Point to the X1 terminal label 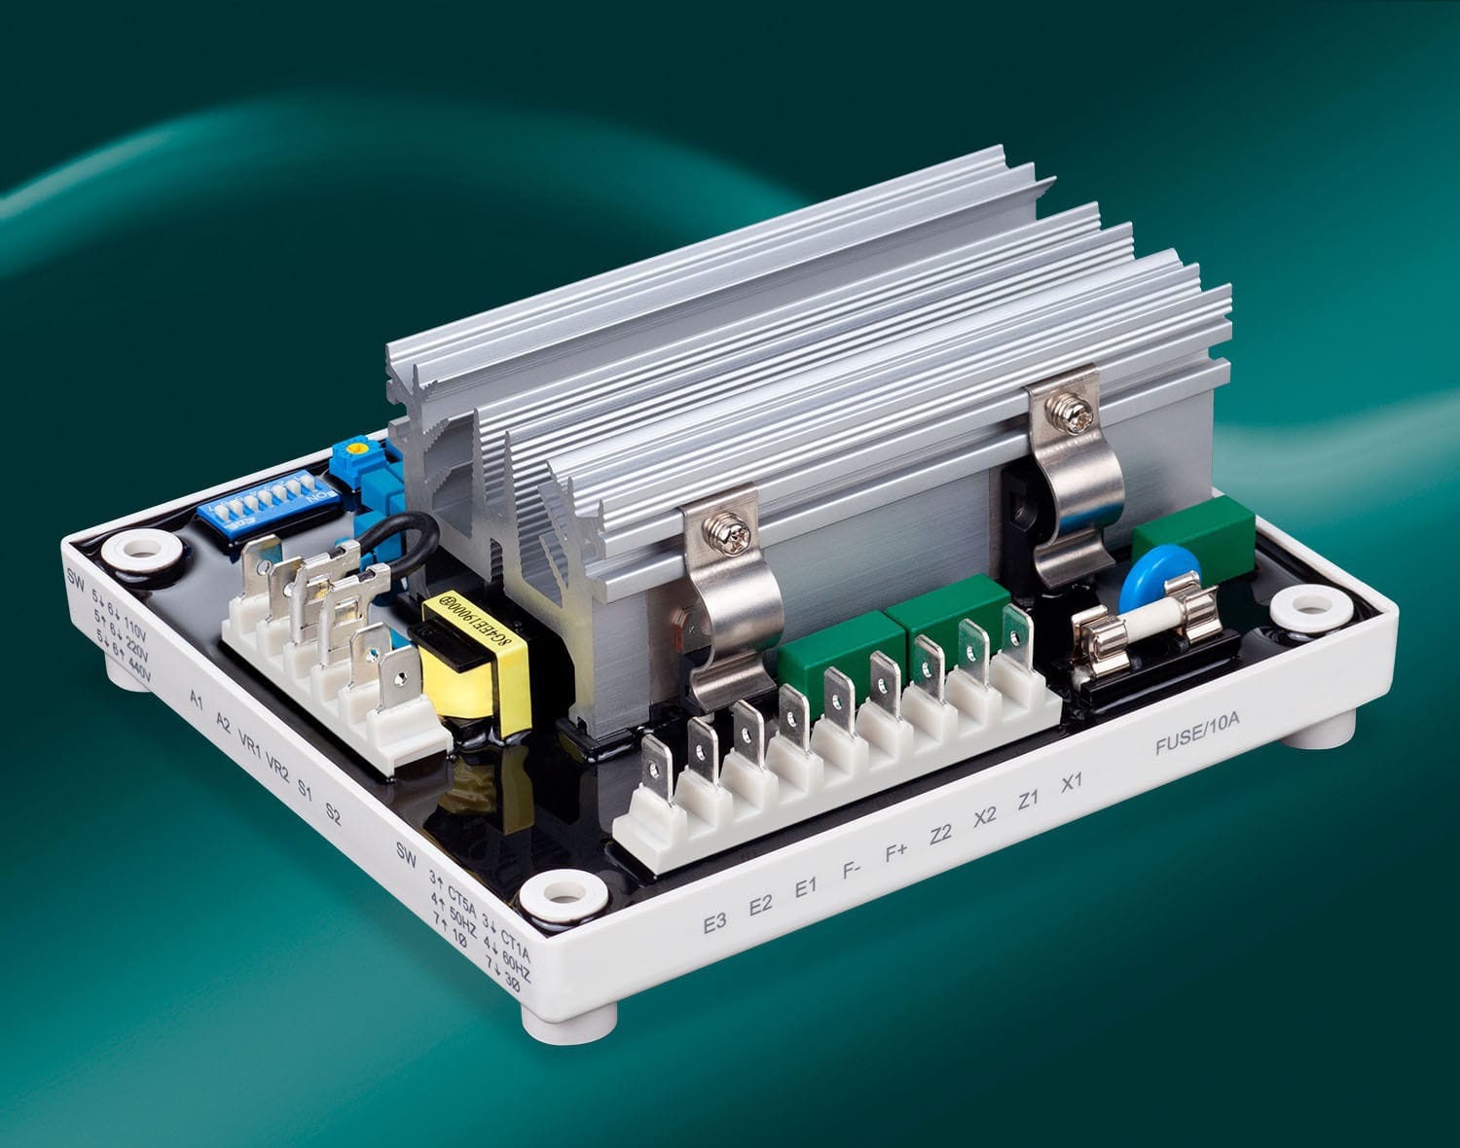(x=1072, y=780)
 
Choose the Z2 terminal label (x=940, y=834)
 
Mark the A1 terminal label (x=197, y=700)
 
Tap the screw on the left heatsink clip (x=737, y=533)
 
